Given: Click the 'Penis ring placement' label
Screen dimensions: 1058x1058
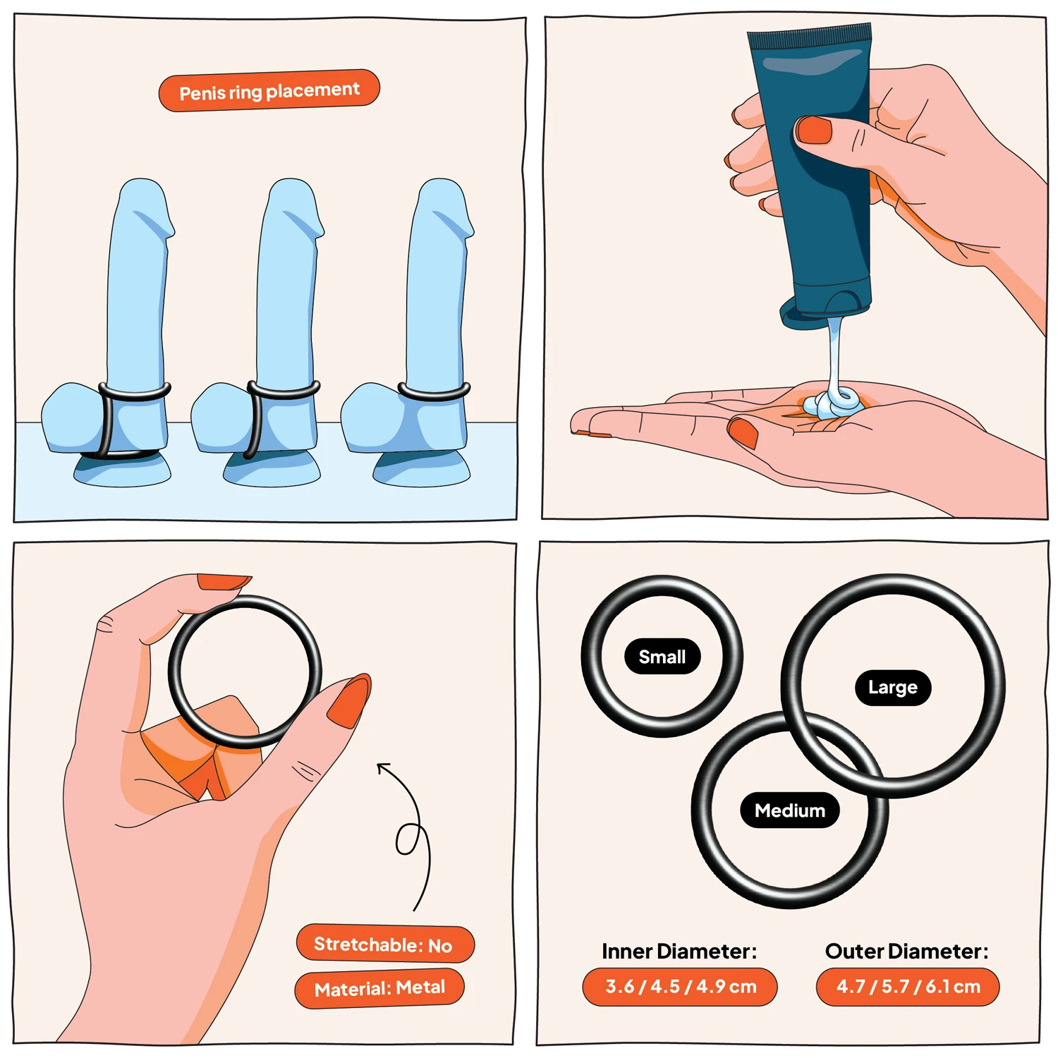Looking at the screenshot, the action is pos(269,90).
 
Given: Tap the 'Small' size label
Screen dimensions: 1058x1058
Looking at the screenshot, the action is pos(662,657).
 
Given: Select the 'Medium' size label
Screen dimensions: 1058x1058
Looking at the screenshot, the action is pos(790,810).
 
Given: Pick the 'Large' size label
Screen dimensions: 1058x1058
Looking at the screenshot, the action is pos(893,688).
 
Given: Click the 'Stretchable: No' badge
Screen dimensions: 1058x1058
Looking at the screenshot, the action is pos(384,944).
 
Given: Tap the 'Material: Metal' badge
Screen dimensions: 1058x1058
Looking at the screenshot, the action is pos(379,988).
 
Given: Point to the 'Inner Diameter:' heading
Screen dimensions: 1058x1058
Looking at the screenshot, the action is pos(679,951).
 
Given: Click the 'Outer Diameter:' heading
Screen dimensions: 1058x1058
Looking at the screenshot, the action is pos(907,951).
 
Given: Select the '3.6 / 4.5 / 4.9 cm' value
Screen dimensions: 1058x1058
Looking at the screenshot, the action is pos(680,987).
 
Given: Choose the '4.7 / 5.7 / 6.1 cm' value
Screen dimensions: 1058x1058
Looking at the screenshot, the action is pos(908,987).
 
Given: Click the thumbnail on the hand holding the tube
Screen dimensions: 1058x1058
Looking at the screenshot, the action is pos(814,130).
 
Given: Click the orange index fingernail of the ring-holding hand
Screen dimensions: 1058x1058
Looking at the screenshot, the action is pos(224,583).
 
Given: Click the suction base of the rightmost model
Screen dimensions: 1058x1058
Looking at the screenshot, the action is pos(421,468).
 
